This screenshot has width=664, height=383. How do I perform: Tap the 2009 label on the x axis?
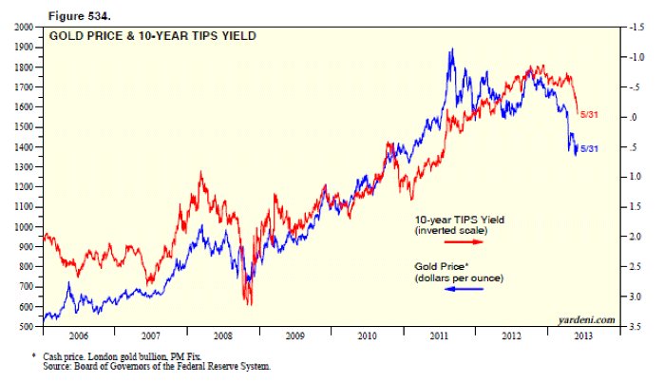click(x=295, y=336)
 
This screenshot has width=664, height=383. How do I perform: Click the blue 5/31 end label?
click(x=589, y=149)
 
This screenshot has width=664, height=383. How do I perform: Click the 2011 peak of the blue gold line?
click(x=451, y=50)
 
